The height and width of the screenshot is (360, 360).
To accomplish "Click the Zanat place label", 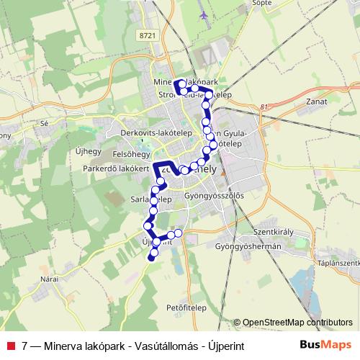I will click(x=316, y=102).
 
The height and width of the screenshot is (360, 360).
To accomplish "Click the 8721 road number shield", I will click(x=148, y=35).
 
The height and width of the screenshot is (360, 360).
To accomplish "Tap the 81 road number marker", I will click(x=266, y=107).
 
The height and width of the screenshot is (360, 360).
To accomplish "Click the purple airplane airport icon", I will click(x=204, y=14).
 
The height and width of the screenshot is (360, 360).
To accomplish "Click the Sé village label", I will click(x=44, y=123).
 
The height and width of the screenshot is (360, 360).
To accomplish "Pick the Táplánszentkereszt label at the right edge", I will click(x=338, y=264).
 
